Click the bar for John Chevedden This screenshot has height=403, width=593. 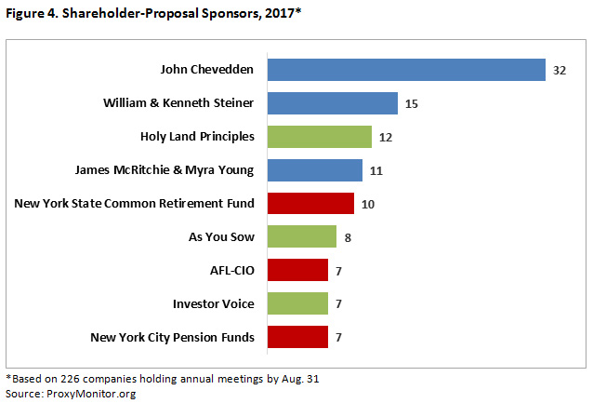point(405,70)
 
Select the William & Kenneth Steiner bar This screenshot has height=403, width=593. point(333,103)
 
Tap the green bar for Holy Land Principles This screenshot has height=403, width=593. point(320,137)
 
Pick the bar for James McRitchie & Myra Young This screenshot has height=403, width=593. point(315,170)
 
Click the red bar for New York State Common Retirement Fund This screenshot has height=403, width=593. point(310,203)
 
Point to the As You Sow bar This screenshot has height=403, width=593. point(302,236)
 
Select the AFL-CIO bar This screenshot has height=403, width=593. point(297,270)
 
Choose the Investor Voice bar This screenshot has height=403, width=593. point(297,303)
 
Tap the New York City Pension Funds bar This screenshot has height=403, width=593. point(297,337)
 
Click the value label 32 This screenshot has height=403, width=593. point(559,71)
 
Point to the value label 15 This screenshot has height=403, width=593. point(412,104)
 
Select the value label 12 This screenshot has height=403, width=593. point(386,138)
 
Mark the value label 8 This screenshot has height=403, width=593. point(349,237)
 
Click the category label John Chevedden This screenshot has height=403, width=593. point(207,70)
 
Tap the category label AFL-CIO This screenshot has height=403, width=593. point(232,270)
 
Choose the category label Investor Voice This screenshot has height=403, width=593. point(214,303)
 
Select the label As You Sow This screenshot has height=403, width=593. point(221,236)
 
